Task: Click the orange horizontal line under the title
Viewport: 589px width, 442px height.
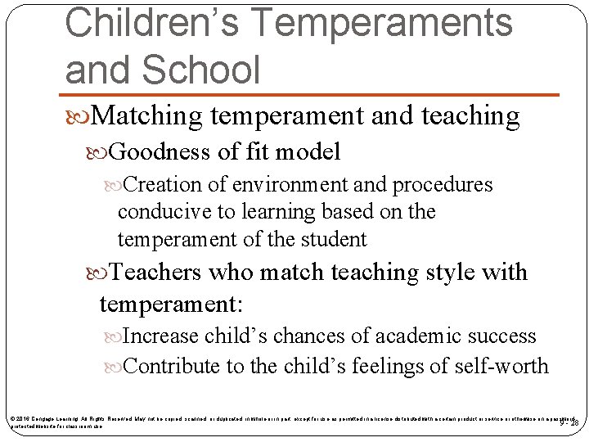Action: coord(311,96)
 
